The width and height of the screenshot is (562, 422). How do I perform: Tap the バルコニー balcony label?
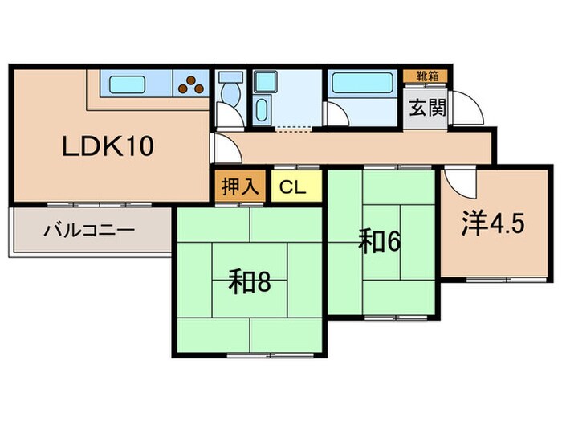[88, 231]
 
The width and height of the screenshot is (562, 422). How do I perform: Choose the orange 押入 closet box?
[239, 186]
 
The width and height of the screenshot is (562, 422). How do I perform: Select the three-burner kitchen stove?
[192, 84]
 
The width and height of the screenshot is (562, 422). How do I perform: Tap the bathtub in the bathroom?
[361, 84]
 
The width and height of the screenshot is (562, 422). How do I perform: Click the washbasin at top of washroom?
[263, 82]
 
